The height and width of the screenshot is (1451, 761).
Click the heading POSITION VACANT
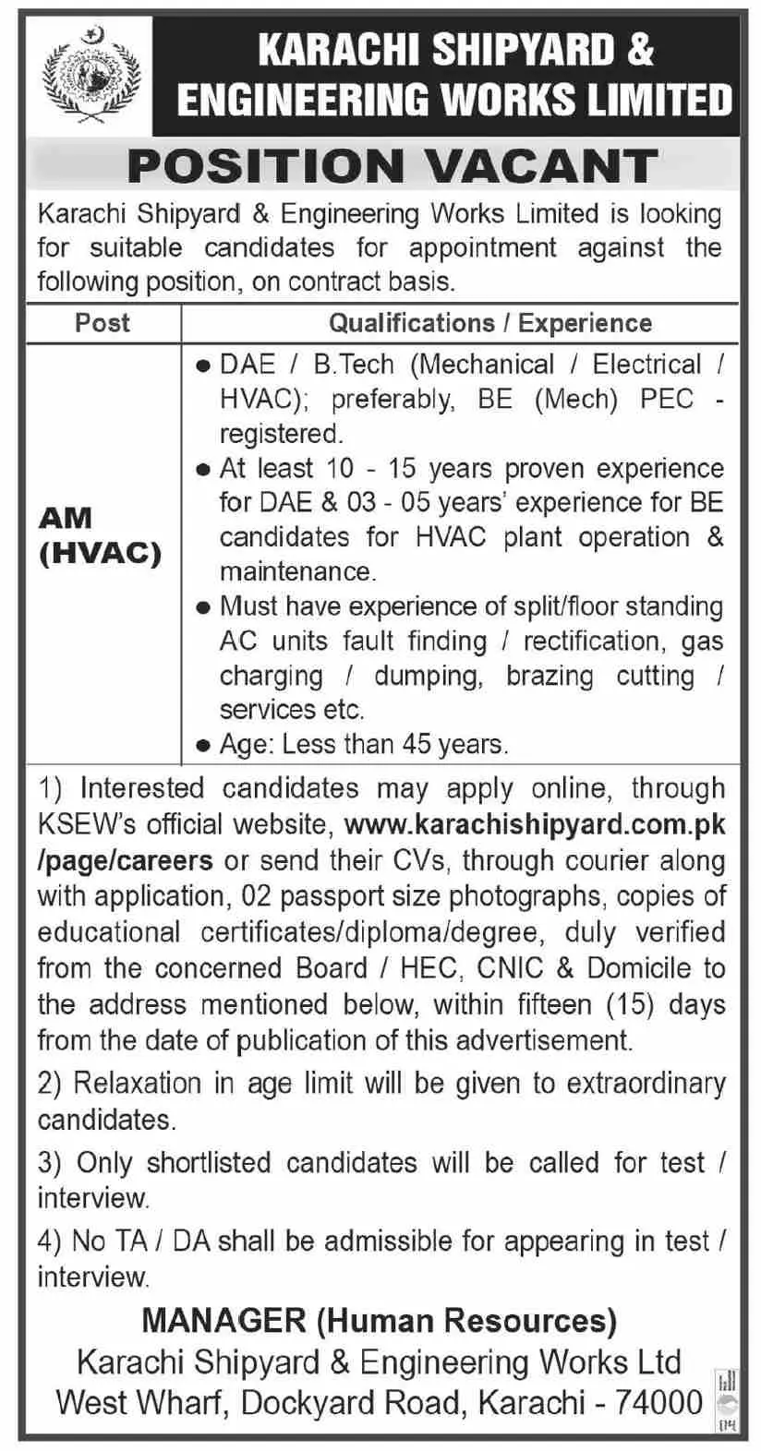(392, 167)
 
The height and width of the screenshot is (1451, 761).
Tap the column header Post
(103, 323)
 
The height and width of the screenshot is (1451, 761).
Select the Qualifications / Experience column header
(490, 323)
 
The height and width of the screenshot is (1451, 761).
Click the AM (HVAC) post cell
(100, 535)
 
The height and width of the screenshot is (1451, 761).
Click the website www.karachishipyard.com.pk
(534, 824)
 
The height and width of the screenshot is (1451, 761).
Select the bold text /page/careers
(125, 860)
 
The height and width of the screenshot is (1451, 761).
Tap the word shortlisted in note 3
(208, 1162)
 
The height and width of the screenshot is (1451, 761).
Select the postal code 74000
(661, 1403)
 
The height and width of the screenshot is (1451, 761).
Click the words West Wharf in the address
(142, 1403)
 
